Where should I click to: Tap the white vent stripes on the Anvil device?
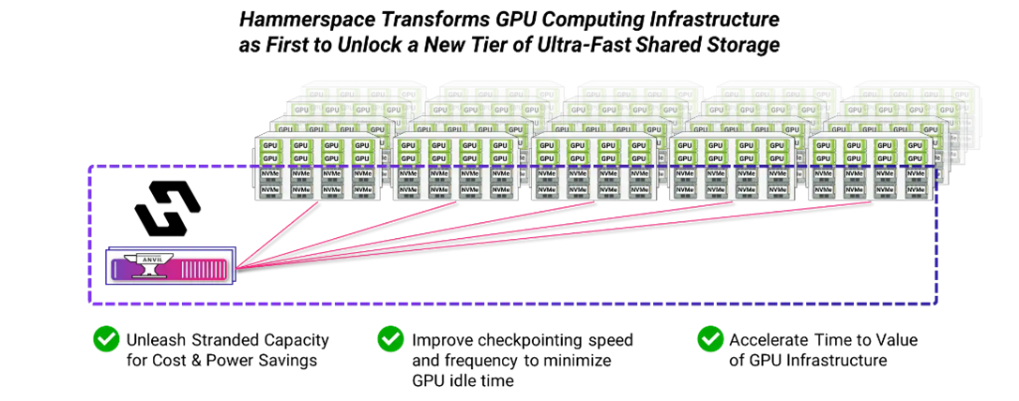point(205,270)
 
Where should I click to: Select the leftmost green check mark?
point(106,339)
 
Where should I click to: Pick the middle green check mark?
point(390,339)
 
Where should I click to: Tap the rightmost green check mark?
point(710,339)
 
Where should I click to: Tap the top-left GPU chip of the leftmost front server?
point(270,145)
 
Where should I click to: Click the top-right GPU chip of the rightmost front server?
point(913,145)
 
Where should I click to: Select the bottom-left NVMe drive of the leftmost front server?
point(270,190)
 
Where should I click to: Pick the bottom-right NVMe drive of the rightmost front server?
point(913,190)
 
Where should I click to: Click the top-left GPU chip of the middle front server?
point(546,145)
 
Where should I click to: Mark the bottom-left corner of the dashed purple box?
point(90,304)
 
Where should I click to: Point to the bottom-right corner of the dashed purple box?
point(936,304)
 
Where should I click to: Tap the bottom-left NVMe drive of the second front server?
point(408,190)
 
